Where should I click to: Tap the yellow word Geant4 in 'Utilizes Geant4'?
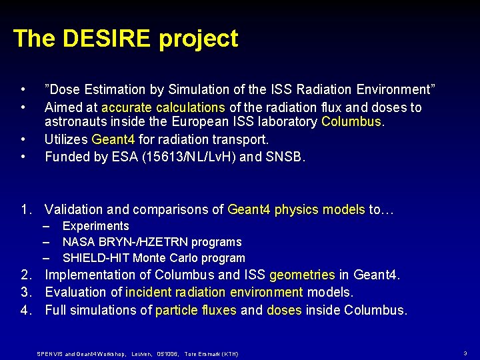tap(113, 139)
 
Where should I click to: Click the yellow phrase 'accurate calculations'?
tap(163, 107)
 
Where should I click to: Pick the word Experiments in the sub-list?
tap(95, 226)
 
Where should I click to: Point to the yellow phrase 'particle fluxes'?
tap(196, 310)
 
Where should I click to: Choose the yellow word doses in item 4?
tap(284, 310)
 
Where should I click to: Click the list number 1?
tap(25, 210)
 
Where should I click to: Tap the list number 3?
tap(25, 292)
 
